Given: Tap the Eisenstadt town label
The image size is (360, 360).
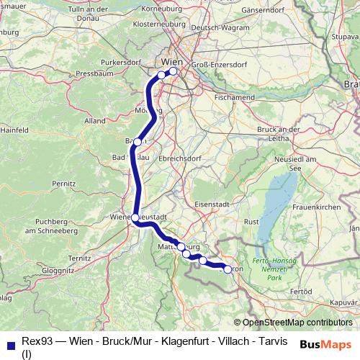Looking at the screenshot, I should [x=211, y=204].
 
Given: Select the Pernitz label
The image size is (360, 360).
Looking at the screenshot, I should [x=63, y=184].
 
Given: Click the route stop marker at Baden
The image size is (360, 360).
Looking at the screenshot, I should [x=137, y=142].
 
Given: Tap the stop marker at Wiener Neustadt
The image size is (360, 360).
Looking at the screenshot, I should [x=135, y=217].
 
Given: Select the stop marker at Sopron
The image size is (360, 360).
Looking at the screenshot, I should [x=228, y=269].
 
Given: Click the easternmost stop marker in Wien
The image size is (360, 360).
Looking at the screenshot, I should [x=173, y=71].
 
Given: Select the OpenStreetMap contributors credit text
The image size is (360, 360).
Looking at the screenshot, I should [x=297, y=323].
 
